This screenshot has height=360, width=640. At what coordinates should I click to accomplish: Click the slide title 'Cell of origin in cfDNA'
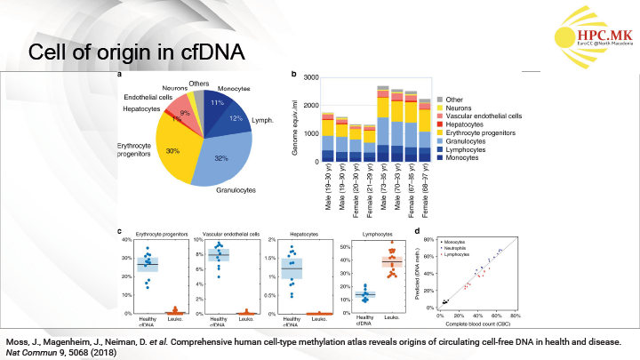point(136,52)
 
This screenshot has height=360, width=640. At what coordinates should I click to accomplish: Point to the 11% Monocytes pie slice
point(216,102)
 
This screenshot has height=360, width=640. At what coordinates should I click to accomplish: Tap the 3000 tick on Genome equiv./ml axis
point(309,78)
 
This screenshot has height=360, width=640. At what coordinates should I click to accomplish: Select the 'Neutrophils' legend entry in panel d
point(459,248)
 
